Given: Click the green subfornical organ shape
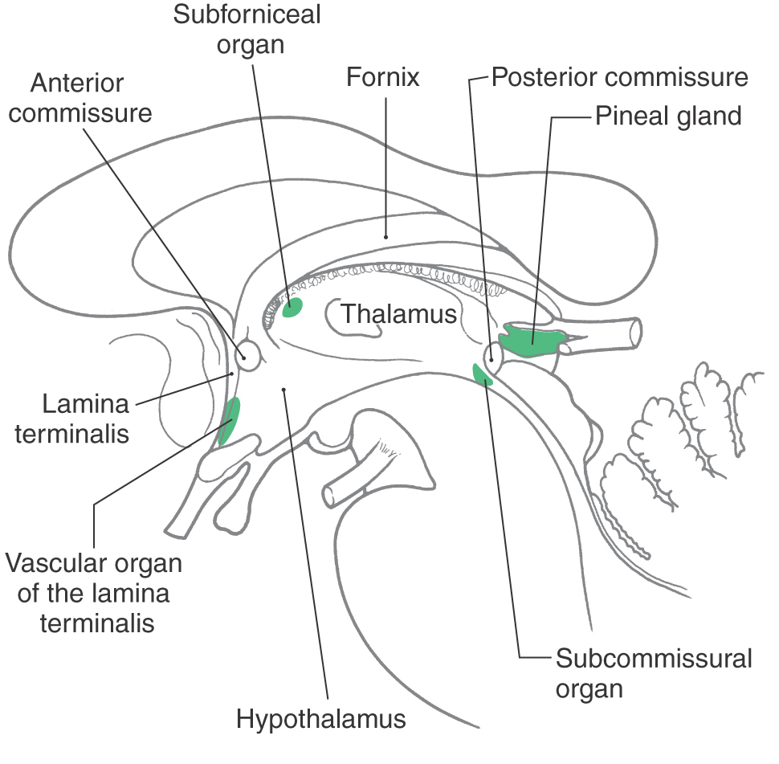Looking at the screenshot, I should click(292, 307).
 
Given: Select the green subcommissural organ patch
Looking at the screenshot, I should click(482, 374).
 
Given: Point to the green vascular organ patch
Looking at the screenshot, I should click(229, 420).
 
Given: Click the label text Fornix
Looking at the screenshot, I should click(383, 78).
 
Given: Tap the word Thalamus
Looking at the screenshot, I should click(398, 313).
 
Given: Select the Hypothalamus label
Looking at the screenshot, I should click(321, 718).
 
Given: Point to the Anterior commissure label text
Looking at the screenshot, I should click(81, 98).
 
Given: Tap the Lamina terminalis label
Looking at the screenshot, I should click(72, 418).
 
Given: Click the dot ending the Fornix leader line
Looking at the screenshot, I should click(386, 236).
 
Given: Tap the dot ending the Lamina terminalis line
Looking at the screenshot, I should click(233, 373).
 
